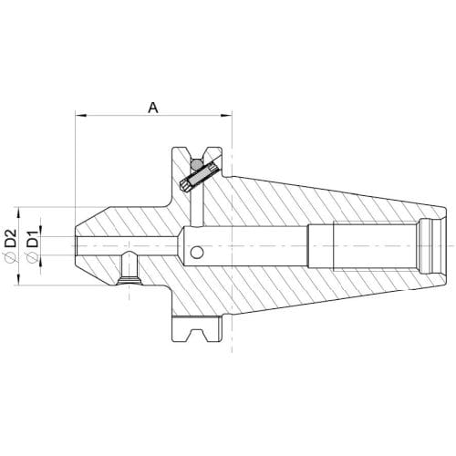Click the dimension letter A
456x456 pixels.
pos(153,108)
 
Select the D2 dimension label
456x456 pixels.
pos(11,238)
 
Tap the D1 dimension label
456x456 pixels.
pos(33,239)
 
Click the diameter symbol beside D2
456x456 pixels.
pos(11,257)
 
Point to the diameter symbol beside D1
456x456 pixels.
pos(33,257)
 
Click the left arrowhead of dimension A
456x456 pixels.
pos(81,115)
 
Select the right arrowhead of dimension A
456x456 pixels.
pos(226,115)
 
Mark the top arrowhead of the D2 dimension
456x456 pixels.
pos(19,212)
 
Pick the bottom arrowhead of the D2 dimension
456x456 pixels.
pos(19,279)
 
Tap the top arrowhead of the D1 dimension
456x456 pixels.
pos(41,231)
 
